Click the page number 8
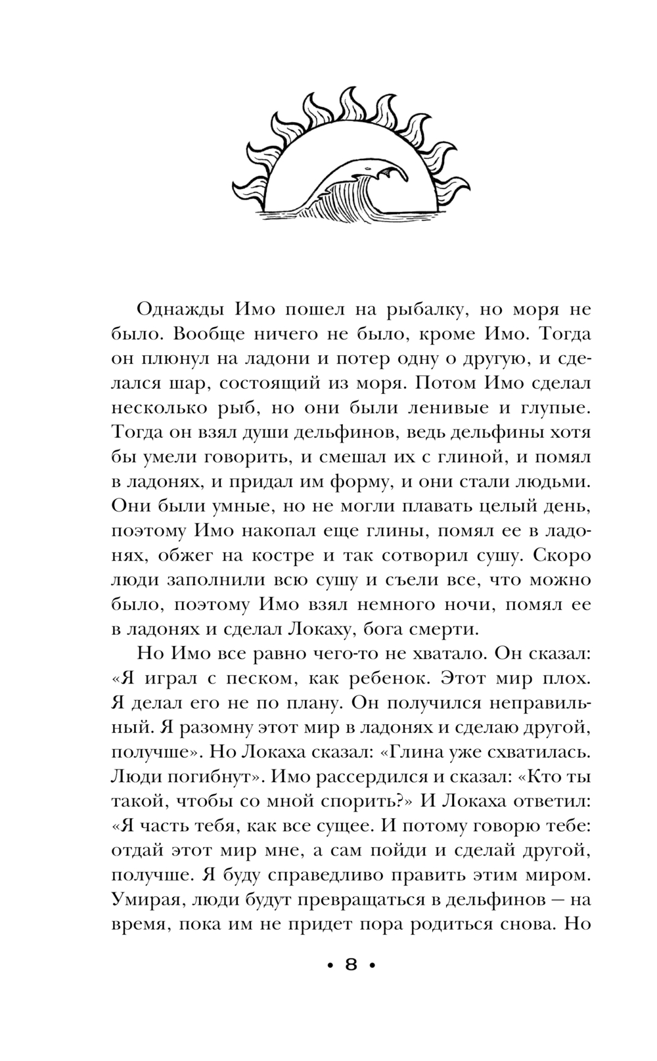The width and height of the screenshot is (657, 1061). click(x=351, y=964)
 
